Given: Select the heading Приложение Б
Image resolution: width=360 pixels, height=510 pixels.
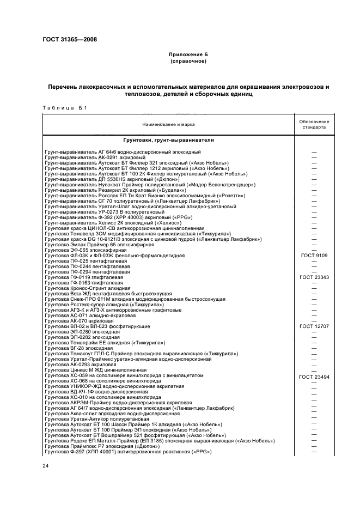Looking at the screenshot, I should [x=188, y=54].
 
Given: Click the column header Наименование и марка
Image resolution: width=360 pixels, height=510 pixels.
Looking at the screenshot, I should [x=168, y=124].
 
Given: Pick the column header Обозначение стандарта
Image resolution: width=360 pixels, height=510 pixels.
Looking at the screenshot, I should [x=313, y=124].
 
